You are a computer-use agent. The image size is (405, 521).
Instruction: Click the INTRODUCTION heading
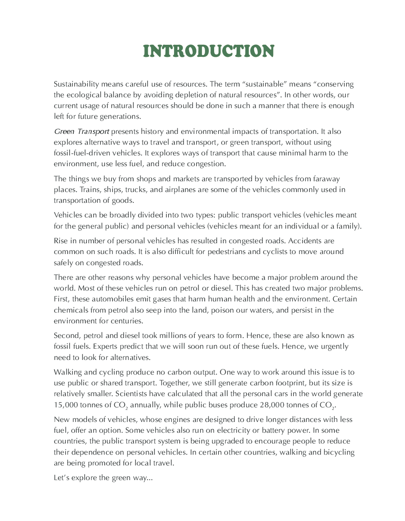209,51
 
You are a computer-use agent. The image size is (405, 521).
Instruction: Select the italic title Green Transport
81,131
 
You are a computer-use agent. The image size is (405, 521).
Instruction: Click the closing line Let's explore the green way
103,478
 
